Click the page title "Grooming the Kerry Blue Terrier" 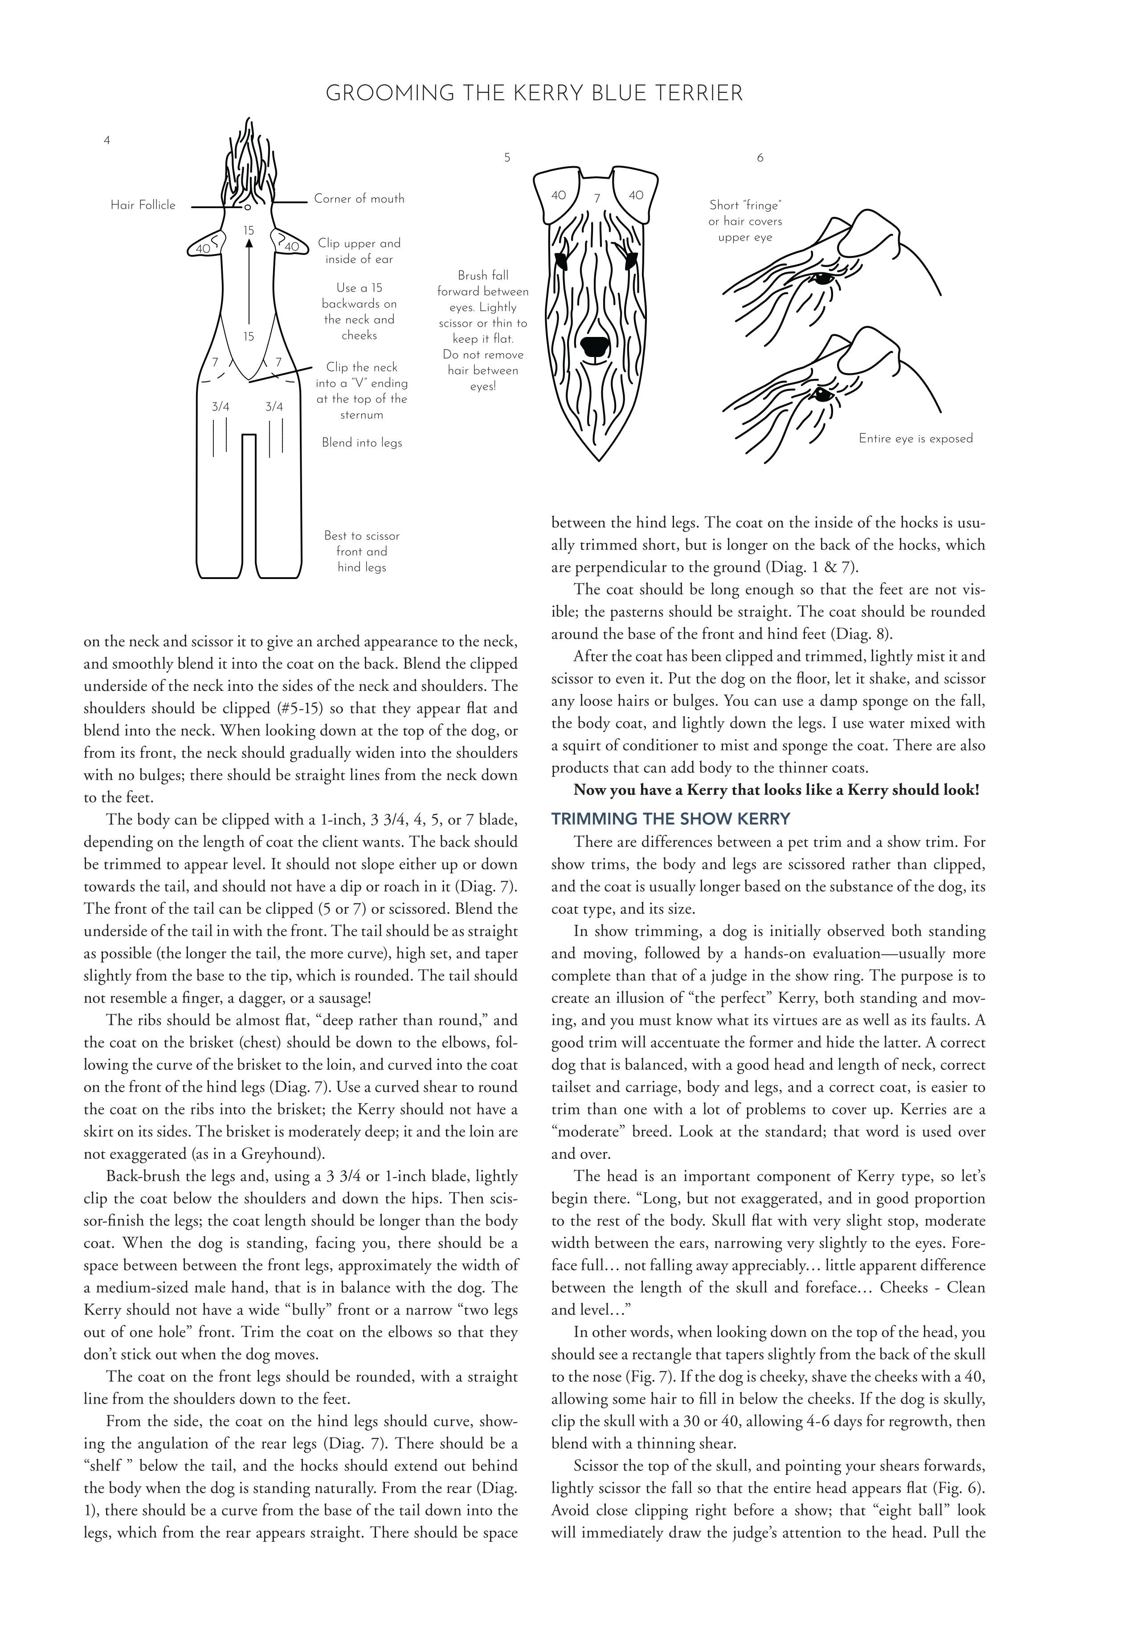pyautogui.click(x=534, y=93)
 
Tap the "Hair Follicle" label pyautogui.click(x=143, y=205)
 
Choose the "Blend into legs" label pyautogui.click(x=362, y=443)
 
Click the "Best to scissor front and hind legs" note pyautogui.click(x=362, y=551)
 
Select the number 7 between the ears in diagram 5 pyautogui.click(x=597, y=198)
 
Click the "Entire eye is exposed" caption pyautogui.click(x=915, y=439)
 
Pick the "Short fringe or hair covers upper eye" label pyautogui.click(x=744, y=221)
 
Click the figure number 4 pyautogui.click(x=107, y=141)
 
